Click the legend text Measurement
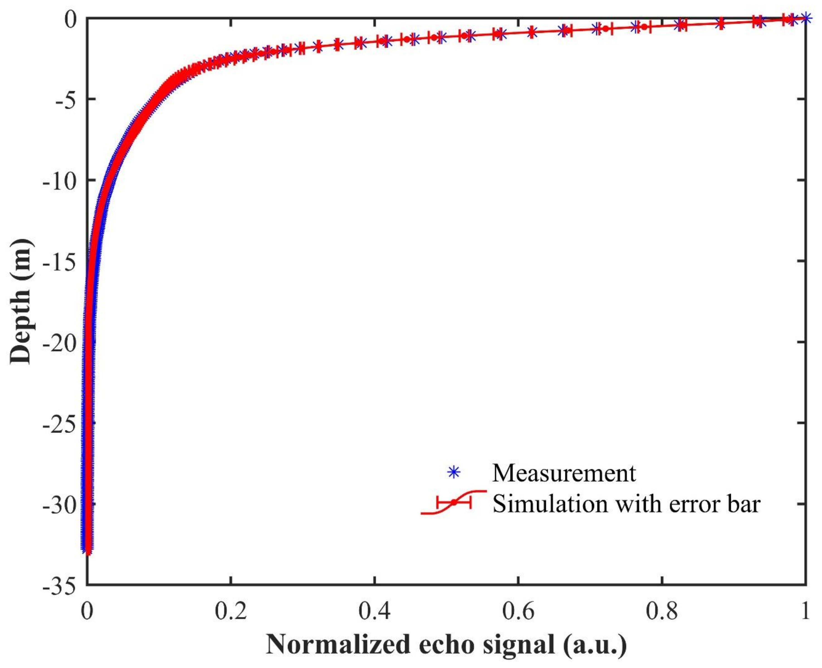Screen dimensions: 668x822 564,473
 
